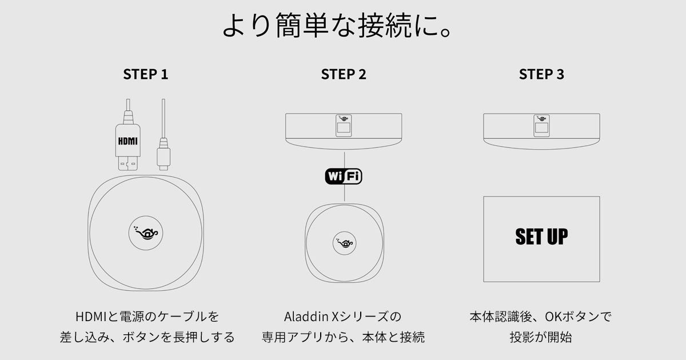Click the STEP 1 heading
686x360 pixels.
pyautogui.click(x=146, y=74)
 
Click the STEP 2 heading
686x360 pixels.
pyautogui.click(x=344, y=74)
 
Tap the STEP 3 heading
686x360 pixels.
pyautogui.click(x=541, y=74)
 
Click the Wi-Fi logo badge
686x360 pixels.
pyautogui.click(x=344, y=177)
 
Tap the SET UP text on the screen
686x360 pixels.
pyautogui.click(x=541, y=237)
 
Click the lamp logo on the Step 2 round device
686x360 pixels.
pyautogui.click(x=344, y=243)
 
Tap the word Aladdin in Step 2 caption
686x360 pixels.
pyautogui.click(x=305, y=316)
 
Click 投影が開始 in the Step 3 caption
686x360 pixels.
pyautogui.click(x=541, y=337)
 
